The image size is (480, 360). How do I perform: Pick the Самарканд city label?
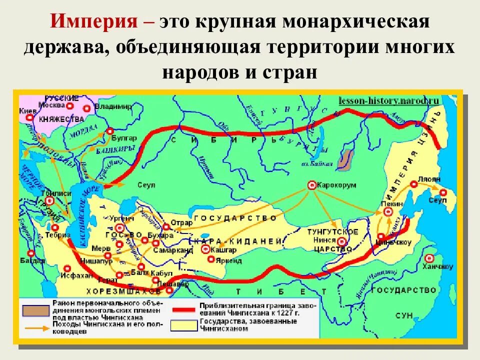[170, 249]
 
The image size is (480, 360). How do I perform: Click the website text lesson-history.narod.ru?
[388, 100]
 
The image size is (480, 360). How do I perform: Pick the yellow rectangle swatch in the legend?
[183, 325]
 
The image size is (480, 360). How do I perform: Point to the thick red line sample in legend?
[183, 309]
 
